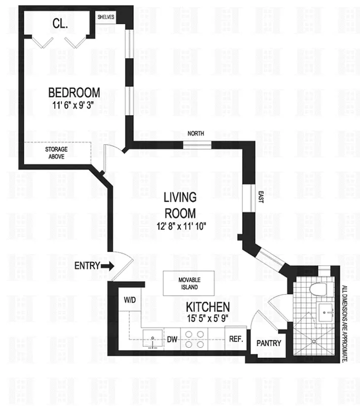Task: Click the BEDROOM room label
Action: pyautogui.click(x=74, y=93)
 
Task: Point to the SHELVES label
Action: pyautogui.click(x=106, y=17)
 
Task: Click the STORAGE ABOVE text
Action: pyautogui.click(x=56, y=153)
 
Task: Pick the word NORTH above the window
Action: pyautogui.click(x=196, y=134)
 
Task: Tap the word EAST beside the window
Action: pyautogui.click(x=261, y=197)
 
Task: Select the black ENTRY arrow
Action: pyautogui.click(x=108, y=265)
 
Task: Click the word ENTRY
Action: pyautogui.click(x=87, y=265)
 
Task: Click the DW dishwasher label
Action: pyautogui.click(x=172, y=339)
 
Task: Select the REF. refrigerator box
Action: pyautogui.click(x=235, y=339)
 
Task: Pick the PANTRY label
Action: pyautogui.click(x=268, y=343)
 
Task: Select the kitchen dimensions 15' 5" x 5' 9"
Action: pyautogui.click(x=208, y=319)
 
